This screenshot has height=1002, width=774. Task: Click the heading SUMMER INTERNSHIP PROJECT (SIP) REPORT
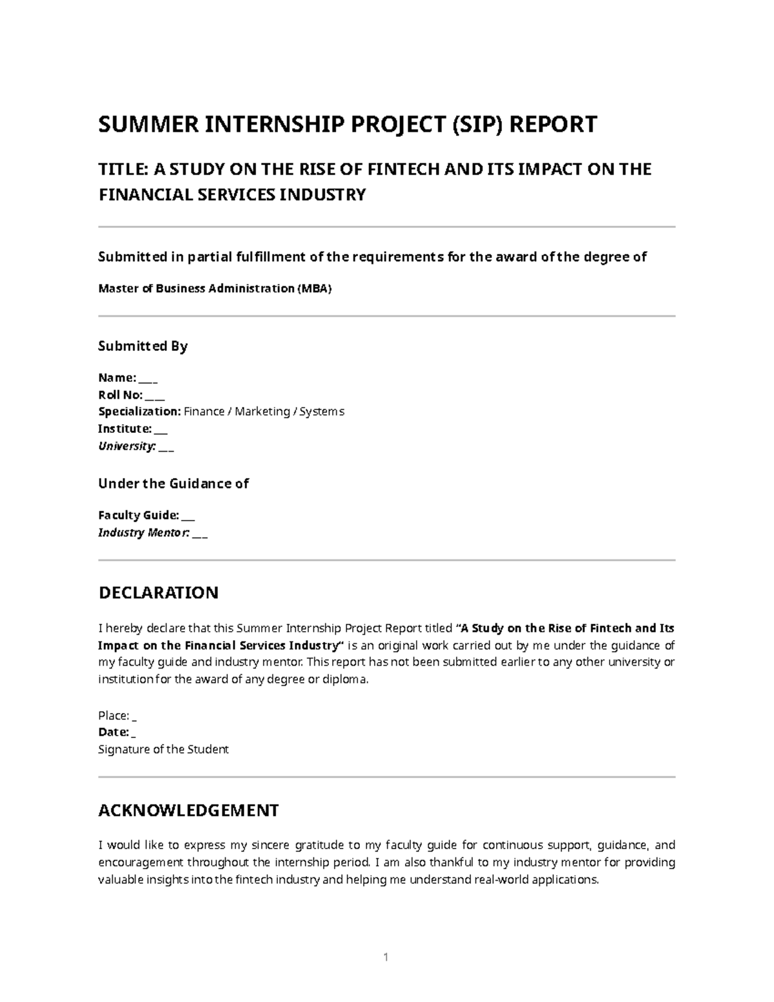[x=347, y=124]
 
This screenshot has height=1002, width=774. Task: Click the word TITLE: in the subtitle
[x=123, y=169]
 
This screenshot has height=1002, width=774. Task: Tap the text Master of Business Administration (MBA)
[x=214, y=288]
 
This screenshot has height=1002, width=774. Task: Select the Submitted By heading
[x=143, y=346]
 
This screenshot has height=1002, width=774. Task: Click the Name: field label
[x=117, y=377]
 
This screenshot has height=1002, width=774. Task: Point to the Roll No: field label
[x=120, y=395]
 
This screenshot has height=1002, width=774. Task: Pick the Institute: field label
[x=124, y=429]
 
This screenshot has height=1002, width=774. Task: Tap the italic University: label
[x=126, y=446]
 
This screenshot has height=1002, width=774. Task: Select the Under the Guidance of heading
[x=173, y=483]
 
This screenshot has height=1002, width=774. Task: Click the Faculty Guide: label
[x=138, y=515]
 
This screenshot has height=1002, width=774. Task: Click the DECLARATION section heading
[x=158, y=592]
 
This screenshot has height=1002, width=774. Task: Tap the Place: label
[x=114, y=716]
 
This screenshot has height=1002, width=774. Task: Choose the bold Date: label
[x=114, y=732]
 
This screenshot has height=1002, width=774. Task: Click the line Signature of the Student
[x=163, y=750]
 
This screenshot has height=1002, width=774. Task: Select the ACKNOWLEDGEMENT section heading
[x=188, y=810]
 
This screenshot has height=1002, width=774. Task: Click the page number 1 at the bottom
[x=386, y=957]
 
